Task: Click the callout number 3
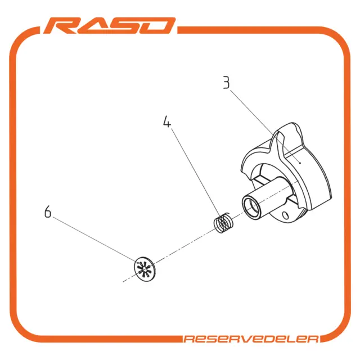[226, 83]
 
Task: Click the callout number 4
[167, 121]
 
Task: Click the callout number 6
[47, 211]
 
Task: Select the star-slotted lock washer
[145, 269]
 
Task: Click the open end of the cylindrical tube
[251, 205]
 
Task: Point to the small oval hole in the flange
[285, 215]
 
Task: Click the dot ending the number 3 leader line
[300, 163]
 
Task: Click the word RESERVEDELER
[251, 339]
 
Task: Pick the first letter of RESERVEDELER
[189, 339]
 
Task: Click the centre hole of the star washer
[144, 269]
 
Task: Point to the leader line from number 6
[94, 239]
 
